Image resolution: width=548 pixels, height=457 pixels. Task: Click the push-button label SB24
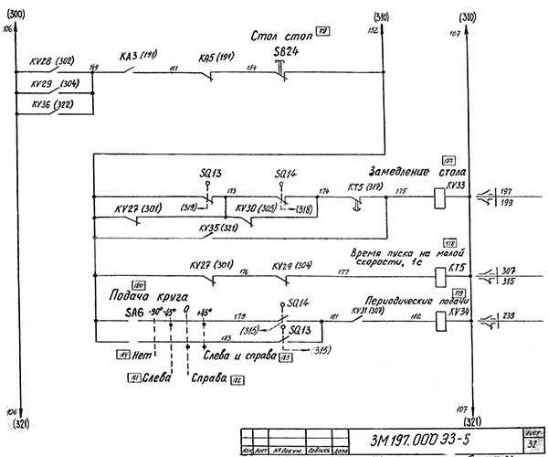[x=286, y=53]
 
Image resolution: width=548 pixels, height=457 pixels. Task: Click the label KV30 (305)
[x=257, y=208]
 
